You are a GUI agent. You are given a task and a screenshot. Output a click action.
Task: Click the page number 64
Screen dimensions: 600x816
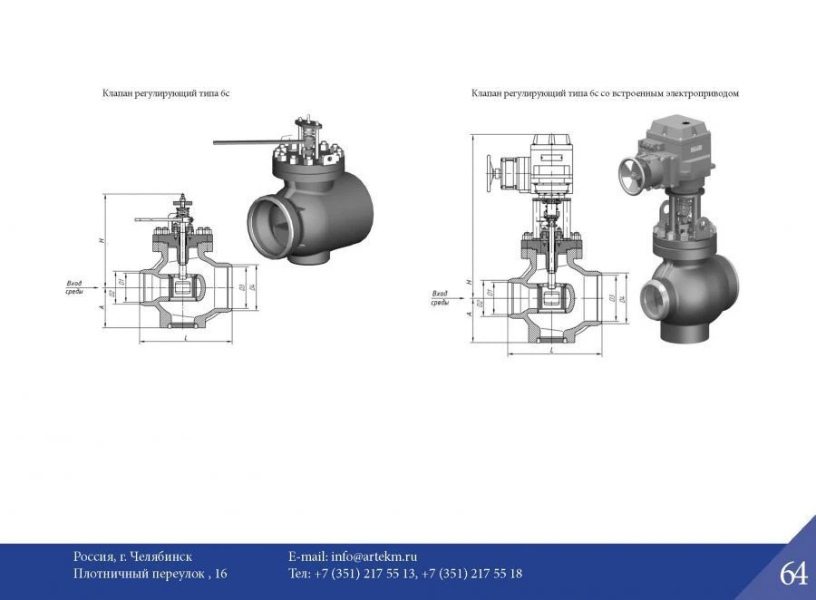[792, 573]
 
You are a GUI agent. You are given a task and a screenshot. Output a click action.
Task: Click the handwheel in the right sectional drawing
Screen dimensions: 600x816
[493, 171]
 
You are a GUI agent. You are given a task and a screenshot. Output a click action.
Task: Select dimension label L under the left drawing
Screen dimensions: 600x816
[185, 337]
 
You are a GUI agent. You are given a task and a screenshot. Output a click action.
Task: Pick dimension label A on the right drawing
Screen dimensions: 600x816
[468, 314]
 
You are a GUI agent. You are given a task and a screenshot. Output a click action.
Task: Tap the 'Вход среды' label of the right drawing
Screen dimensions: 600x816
[440, 298]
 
